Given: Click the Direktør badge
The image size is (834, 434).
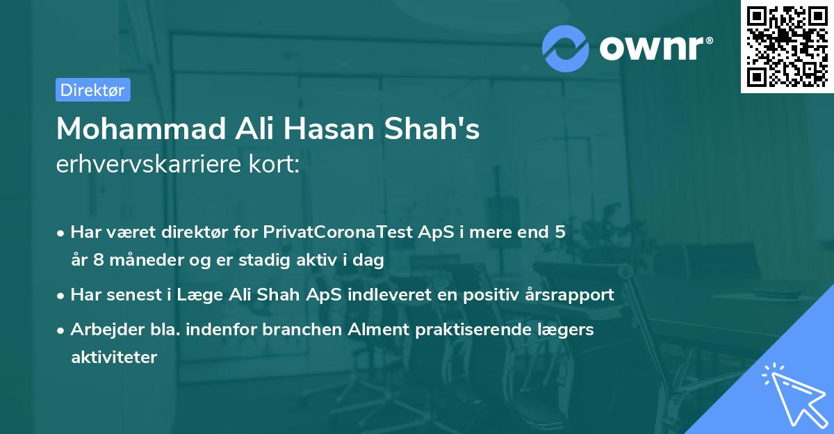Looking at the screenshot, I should click(92, 90).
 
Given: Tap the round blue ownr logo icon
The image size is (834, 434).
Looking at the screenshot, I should click(566, 48).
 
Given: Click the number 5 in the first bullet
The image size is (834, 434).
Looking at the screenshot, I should click(559, 232).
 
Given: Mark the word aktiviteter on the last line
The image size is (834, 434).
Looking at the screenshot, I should click(114, 357).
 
